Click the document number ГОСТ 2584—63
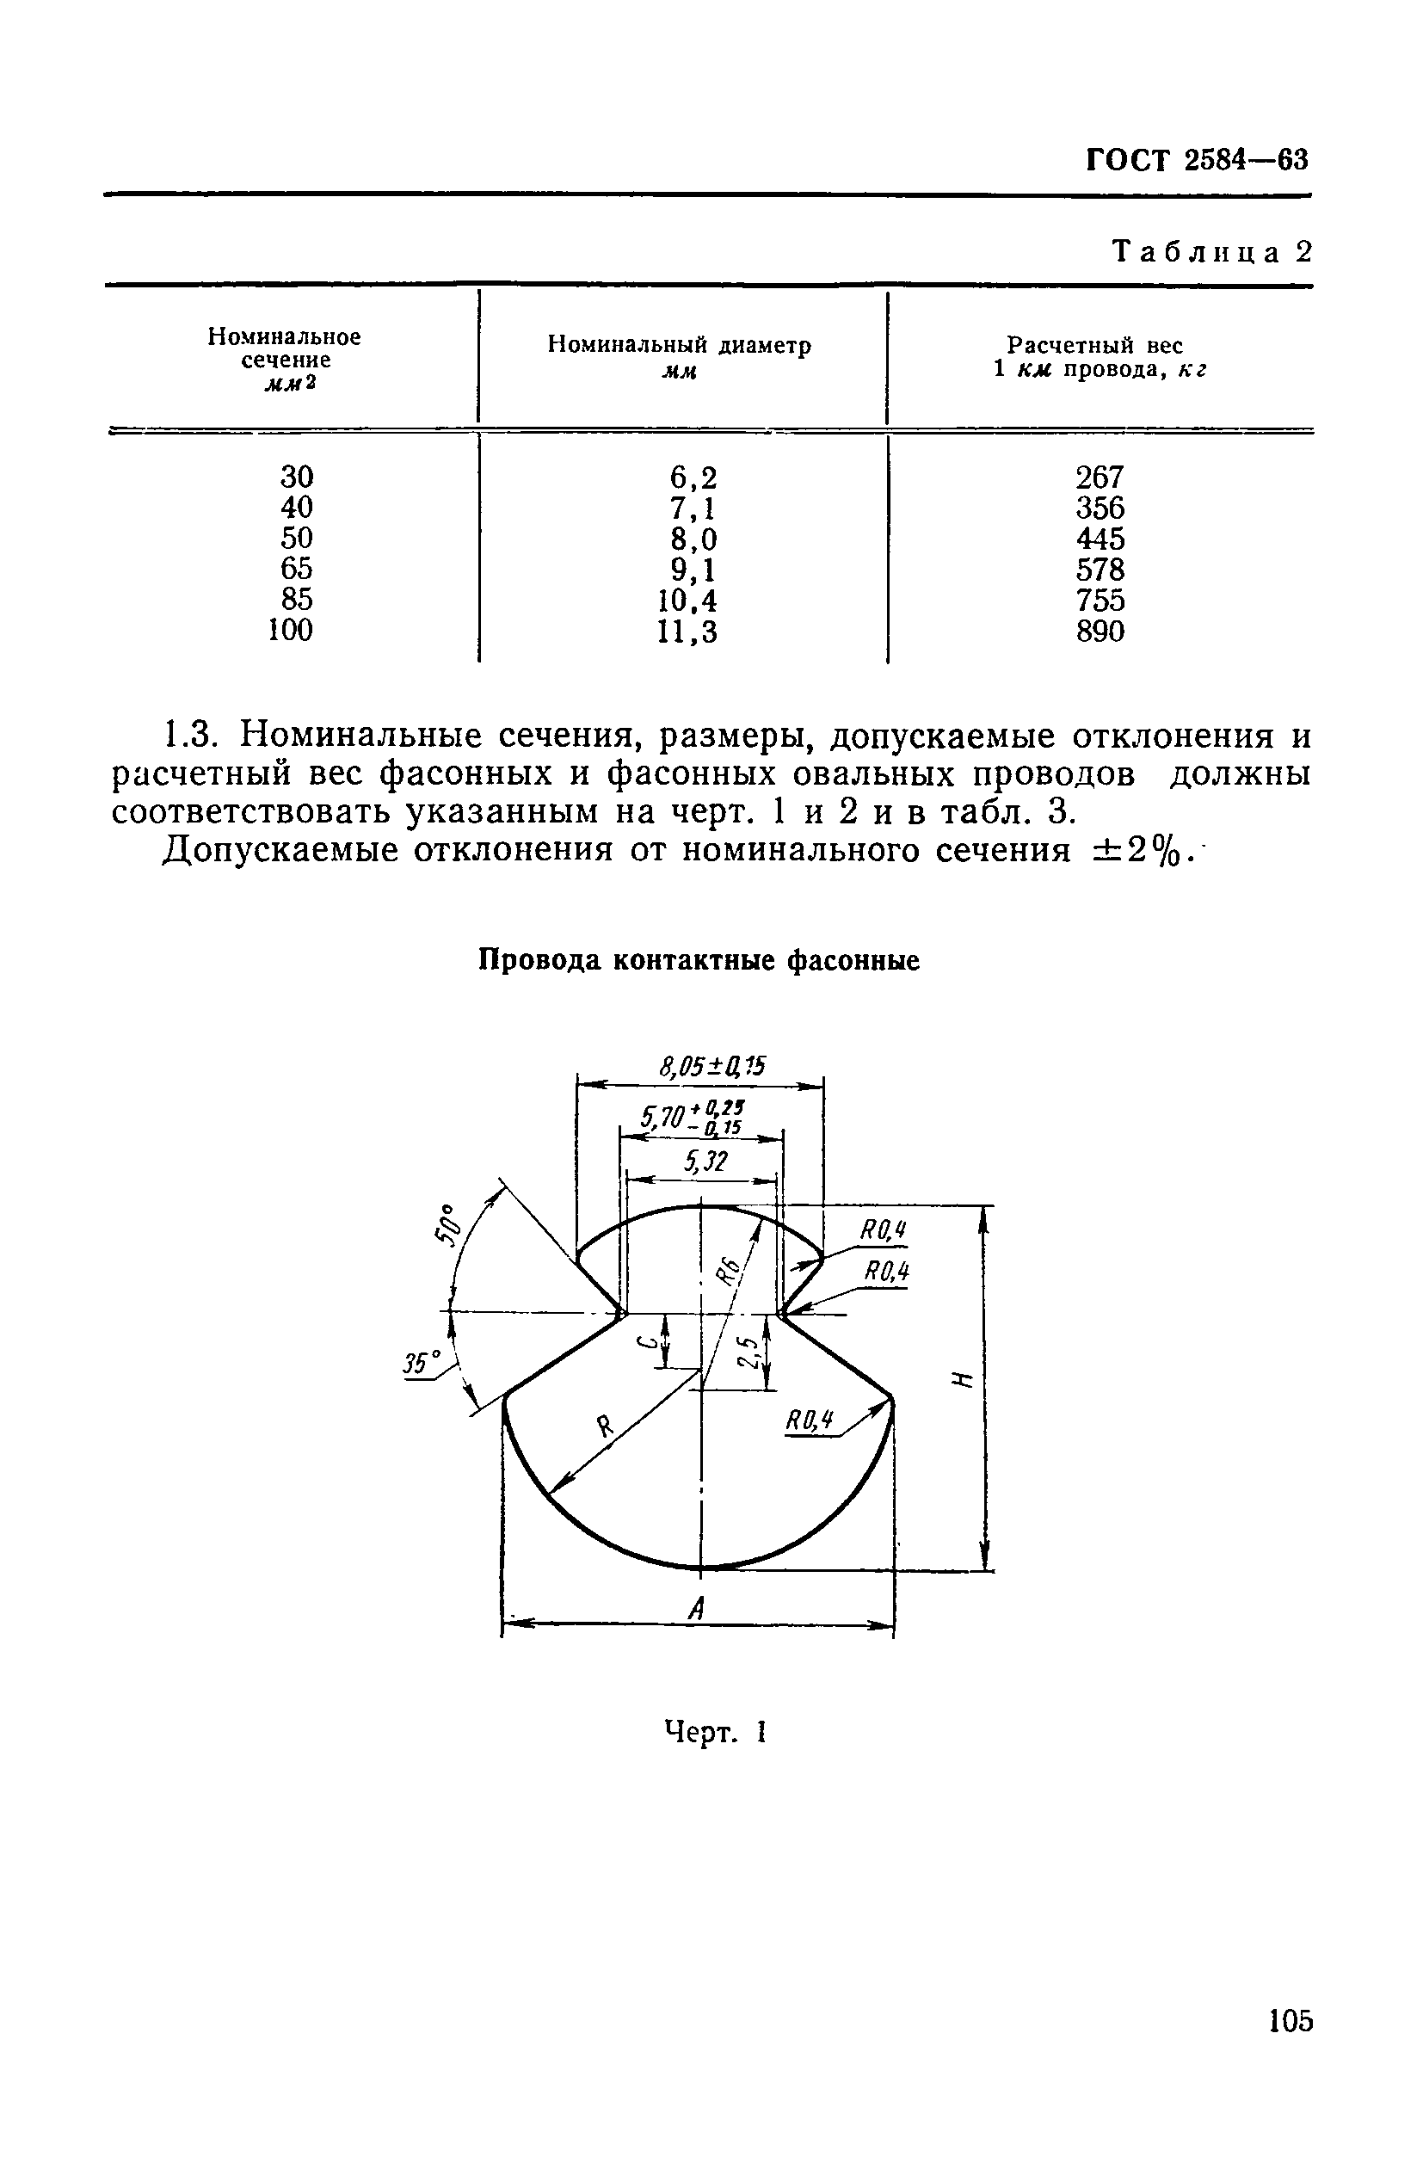pos(1198,160)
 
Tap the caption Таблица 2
pos(1211,251)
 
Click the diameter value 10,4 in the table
pos(687,601)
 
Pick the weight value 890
pos(1100,632)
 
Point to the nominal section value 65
pos(296,569)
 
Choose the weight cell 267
pos(1100,477)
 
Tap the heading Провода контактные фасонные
pos(699,960)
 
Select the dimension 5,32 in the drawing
pos(705,1161)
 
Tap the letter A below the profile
pos(696,1607)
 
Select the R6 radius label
pos(728,1271)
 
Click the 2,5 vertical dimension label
pos(749,1352)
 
